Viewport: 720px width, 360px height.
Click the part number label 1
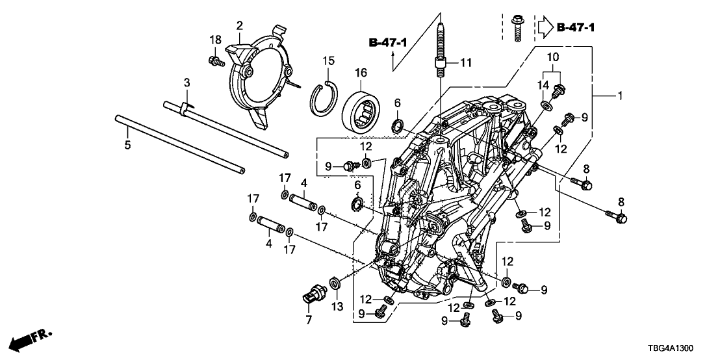pyautogui.click(x=620, y=96)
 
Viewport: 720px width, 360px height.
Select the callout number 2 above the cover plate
pyautogui.click(x=239, y=26)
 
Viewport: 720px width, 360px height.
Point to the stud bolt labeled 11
pyautogui.click(x=439, y=52)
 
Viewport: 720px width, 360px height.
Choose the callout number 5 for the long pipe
pyautogui.click(x=127, y=144)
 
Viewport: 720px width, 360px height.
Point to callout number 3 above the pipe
pyautogui.click(x=186, y=83)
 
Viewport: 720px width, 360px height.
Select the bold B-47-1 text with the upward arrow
pyautogui.click(x=389, y=43)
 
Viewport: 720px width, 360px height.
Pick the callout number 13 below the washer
pyautogui.click(x=336, y=306)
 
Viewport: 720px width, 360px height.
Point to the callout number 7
pyautogui.click(x=308, y=320)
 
